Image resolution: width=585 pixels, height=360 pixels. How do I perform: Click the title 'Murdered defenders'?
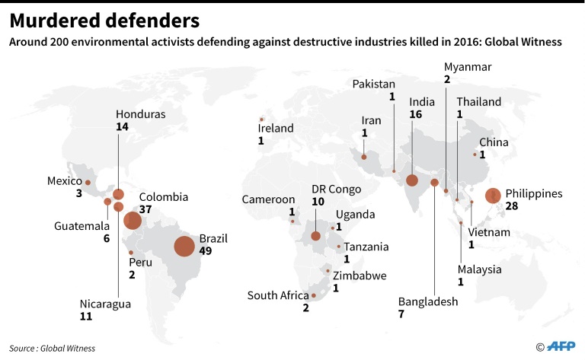click(105, 20)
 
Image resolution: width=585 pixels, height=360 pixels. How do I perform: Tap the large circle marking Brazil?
click(184, 247)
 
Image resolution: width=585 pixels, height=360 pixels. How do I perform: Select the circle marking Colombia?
click(132, 221)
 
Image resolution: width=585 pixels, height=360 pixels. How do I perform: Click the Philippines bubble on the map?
click(492, 196)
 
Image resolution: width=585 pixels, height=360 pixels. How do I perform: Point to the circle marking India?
click(412, 180)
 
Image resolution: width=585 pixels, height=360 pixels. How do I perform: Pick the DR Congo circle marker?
click(315, 236)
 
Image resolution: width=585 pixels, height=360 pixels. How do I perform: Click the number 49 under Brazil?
click(206, 250)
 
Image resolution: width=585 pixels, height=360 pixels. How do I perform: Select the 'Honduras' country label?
click(141, 115)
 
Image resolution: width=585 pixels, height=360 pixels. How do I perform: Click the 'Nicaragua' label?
click(105, 304)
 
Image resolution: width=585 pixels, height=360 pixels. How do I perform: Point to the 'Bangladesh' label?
click(428, 301)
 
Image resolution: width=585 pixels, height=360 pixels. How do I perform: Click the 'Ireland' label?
click(276, 129)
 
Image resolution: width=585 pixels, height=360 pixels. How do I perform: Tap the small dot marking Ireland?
click(261, 119)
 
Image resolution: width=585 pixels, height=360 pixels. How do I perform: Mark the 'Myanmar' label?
click(468, 67)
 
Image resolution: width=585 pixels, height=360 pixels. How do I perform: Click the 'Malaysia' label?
click(480, 269)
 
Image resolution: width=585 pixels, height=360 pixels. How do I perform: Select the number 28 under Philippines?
click(512, 206)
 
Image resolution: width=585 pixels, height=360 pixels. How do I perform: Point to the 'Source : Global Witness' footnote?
click(53, 348)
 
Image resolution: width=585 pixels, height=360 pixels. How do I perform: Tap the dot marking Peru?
click(131, 253)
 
